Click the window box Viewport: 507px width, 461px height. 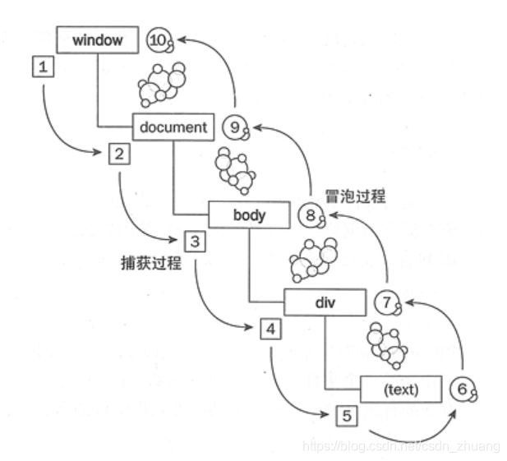(x=97, y=39)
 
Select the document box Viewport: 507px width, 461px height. (x=174, y=127)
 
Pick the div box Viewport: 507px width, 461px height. (x=325, y=302)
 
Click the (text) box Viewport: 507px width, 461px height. (x=401, y=390)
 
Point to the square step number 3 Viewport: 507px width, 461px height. (x=195, y=241)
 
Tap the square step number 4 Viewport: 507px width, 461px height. (x=270, y=329)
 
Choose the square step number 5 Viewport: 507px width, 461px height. (x=346, y=416)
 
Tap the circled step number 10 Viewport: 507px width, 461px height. (x=159, y=39)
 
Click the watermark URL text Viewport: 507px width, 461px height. (x=401, y=445)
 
